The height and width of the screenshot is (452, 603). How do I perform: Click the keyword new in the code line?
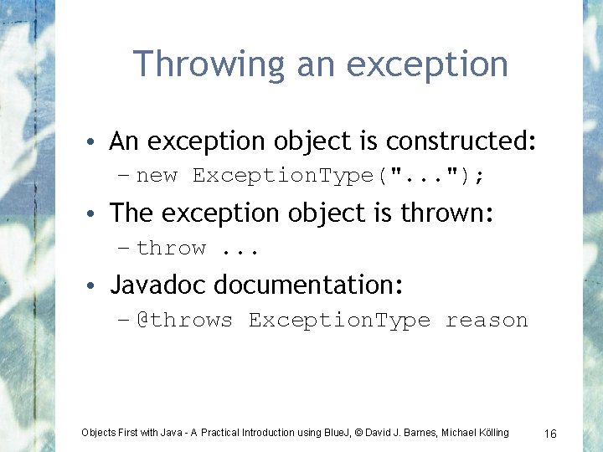pyautogui.click(x=157, y=176)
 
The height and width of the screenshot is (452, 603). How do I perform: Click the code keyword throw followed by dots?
pyautogui.click(x=171, y=248)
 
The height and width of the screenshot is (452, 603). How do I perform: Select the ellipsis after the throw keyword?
pyautogui.click(x=241, y=249)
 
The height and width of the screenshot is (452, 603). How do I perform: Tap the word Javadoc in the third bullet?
pyautogui.click(x=157, y=285)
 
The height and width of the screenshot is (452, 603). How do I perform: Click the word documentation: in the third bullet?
pyautogui.click(x=309, y=285)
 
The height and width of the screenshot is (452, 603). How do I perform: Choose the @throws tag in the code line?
pyautogui.click(x=184, y=320)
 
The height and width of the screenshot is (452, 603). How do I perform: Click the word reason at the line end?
pyautogui.click(x=487, y=320)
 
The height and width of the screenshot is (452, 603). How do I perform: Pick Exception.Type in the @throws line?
pyautogui.click(x=339, y=320)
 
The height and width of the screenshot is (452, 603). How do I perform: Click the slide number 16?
pyautogui.click(x=550, y=433)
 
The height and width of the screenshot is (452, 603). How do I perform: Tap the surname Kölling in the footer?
pyautogui.click(x=490, y=433)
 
